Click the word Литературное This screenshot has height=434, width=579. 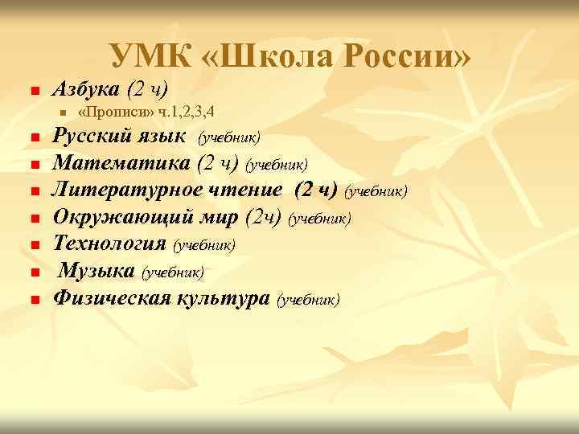[139, 190]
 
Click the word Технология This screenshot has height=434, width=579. [109, 244]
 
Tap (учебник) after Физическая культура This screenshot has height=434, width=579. [308, 300]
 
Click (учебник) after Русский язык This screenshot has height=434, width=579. [230, 137]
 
